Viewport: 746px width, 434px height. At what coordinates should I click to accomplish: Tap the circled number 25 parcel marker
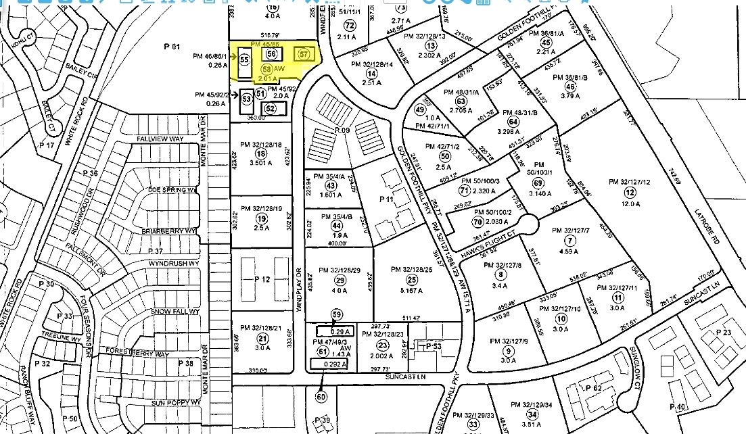[x=411, y=279]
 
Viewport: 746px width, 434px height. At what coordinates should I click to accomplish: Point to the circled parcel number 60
[x=321, y=397]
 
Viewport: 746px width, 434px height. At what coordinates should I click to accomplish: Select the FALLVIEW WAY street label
[x=160, y=138]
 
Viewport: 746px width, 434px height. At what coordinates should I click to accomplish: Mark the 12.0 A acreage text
[x=629, y=203]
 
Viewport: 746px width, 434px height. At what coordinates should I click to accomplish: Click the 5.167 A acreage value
[x=411, y=290]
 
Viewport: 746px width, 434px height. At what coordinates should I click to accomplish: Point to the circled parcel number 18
[x=261, y=153]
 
